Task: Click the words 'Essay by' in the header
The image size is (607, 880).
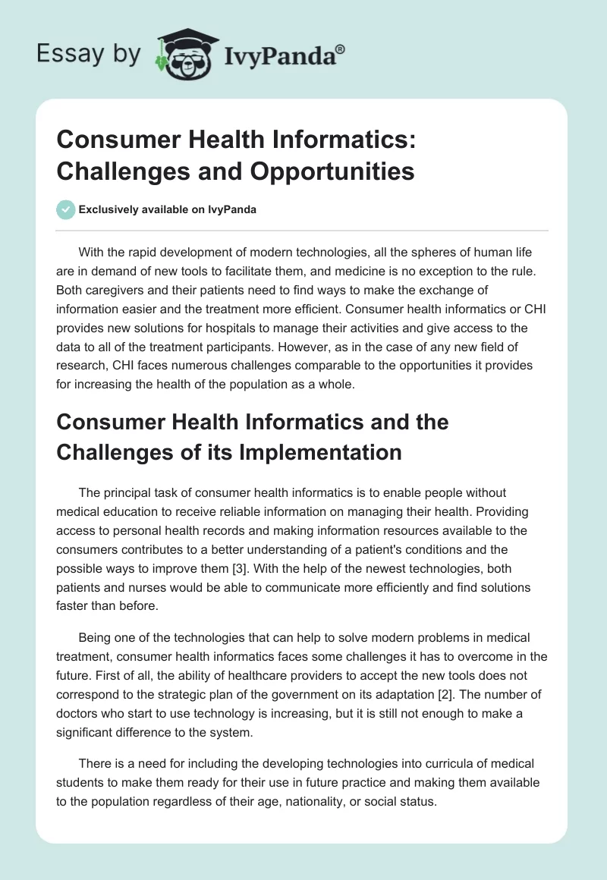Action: pyautogui.click(x=89, y=54)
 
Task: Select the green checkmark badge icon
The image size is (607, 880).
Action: pyautogui.click(x=66, y=209)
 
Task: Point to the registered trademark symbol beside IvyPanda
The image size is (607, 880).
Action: pyautogui.click(x=341, y=48)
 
